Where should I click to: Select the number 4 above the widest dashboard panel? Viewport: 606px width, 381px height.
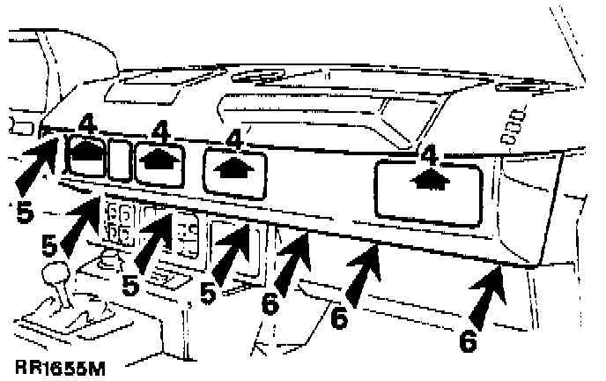pos(429,155)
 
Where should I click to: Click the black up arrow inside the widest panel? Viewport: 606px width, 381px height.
pos(429,180)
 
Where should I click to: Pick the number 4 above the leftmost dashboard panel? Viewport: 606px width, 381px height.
pos(87,123)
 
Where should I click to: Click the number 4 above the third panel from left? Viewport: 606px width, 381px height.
pos(233,138)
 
